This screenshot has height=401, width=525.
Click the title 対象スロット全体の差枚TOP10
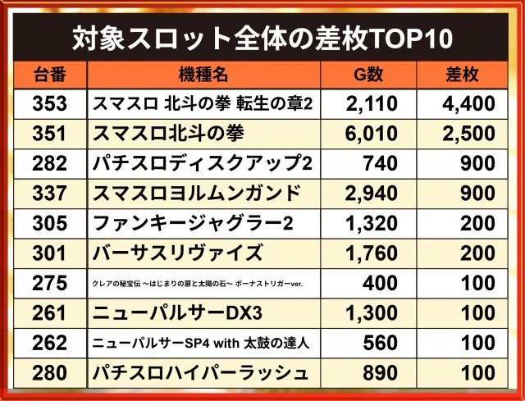pos(262,38)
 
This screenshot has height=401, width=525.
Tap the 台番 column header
pos(49,75)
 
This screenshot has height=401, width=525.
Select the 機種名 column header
pos(203,75)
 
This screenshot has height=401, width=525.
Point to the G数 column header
pos(368,75)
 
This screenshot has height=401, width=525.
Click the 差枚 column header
pos(462,75)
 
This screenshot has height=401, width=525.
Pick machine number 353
pos(49,104)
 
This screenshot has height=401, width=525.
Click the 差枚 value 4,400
pos(468,104)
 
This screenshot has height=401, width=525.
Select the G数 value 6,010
pos(371,134)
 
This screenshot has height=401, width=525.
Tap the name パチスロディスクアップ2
pos(203,163)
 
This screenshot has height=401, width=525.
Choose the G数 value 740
pos(380,164)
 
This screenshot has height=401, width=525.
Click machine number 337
pos(49,194)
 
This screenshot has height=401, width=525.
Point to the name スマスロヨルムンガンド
pos(196,194)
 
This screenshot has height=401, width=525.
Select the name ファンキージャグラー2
pos(193,223)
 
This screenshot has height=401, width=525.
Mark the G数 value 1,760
pos(371,253)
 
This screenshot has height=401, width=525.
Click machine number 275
pos(49,283)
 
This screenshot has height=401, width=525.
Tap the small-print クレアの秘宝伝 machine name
pos(197,284)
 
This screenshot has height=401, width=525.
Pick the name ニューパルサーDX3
pos(177,313)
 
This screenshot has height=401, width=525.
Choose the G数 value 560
pos(380,343)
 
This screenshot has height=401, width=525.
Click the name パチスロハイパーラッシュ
pos(200,373)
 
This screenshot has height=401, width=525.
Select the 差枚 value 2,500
pos(468,134)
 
